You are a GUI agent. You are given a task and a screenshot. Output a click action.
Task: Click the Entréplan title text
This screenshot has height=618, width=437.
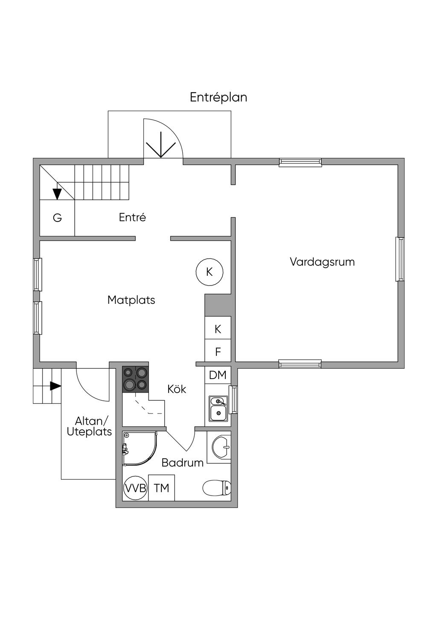pyautogui.click(x=218, y=97)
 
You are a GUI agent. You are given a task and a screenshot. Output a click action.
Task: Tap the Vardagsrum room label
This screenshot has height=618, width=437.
pyautogui.click(x=322, y=262)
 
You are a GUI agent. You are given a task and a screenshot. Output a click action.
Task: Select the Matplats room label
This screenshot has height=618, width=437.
pyautogui.click(x=131, y=300)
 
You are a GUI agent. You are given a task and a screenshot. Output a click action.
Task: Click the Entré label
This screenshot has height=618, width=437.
pyautogui.click(x=132, y=217)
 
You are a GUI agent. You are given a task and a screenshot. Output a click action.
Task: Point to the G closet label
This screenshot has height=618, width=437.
pyautogui.click(x=57, y=218)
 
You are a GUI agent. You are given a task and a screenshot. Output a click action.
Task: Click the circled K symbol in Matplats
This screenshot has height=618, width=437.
pyautogui.click(x=210, y=272)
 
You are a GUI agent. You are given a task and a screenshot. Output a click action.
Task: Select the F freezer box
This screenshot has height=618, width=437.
pyautogui.click(x=218, y=352)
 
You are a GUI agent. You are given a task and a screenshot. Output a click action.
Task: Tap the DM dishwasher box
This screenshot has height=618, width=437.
pyautogui.click(x=218, y=375)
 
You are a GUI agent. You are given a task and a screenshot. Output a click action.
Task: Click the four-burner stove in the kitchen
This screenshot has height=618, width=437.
pyautogui.click(x=135, y=379)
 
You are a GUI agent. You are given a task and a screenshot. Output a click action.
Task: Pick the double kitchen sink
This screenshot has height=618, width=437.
pyautogui.click(x=218, y=408)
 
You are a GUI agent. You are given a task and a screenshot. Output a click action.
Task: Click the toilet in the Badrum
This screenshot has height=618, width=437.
pyautogui.click(x=217, y=488)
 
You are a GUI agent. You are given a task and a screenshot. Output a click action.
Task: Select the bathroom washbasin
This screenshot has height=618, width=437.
pyautogui.click(x=221, y=447)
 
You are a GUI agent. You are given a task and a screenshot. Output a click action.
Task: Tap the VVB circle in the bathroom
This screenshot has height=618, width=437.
pyautogui.click(x=135, y=488)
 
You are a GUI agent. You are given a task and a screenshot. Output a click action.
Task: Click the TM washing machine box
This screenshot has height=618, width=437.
pyautogui.click(x=161, y=488)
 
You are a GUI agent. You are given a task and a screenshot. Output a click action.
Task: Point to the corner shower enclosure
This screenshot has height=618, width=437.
pyautogui.click(x=140, y=449)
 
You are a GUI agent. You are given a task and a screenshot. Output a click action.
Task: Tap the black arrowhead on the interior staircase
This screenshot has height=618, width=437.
pyautogui.click(x=57, y=194)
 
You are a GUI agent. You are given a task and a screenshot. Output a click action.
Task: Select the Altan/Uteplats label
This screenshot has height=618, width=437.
pyautogui.click(x=89, y=426)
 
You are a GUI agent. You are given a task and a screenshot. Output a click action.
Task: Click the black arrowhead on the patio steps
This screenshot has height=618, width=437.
pyautogui.click(x=55, y=386)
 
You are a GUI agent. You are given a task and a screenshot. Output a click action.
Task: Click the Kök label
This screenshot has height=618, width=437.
pyautogui.click(x=177, y=389)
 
